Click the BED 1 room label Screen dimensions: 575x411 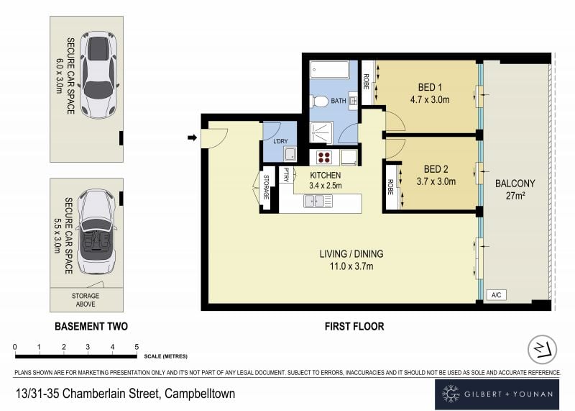click(x=430, y=87)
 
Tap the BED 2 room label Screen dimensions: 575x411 click(x=436, y=169)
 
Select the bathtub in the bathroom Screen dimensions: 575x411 click(x=329, y=69)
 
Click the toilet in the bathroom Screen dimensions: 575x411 click(x=319, y=101)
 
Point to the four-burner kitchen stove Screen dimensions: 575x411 click(x=324, y=158)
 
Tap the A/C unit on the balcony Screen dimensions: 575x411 click(x=497, y=294)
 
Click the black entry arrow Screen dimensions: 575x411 click(x=192, y=137)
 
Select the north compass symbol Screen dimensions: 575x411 click(x=542, y=349)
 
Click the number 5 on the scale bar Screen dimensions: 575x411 click(x=137, y=347)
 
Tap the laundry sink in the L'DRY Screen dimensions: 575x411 click(x=290, y=154)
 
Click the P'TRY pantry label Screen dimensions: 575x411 click(x=286, y=175)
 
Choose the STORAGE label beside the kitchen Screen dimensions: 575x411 click(x=266, y=187)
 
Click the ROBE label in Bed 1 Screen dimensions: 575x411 click(x=366, y=81)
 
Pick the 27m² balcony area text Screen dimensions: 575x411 click(x=515, y=196)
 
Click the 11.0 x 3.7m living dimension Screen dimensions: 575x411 click(x=351, y=266)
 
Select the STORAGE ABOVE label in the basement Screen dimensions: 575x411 click(x=86, y=299)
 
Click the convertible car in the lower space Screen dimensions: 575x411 click(x=96, y=232)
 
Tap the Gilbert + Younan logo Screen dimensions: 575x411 click(x=497, y=394)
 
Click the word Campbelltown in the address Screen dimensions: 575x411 click(x=200, y=394)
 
